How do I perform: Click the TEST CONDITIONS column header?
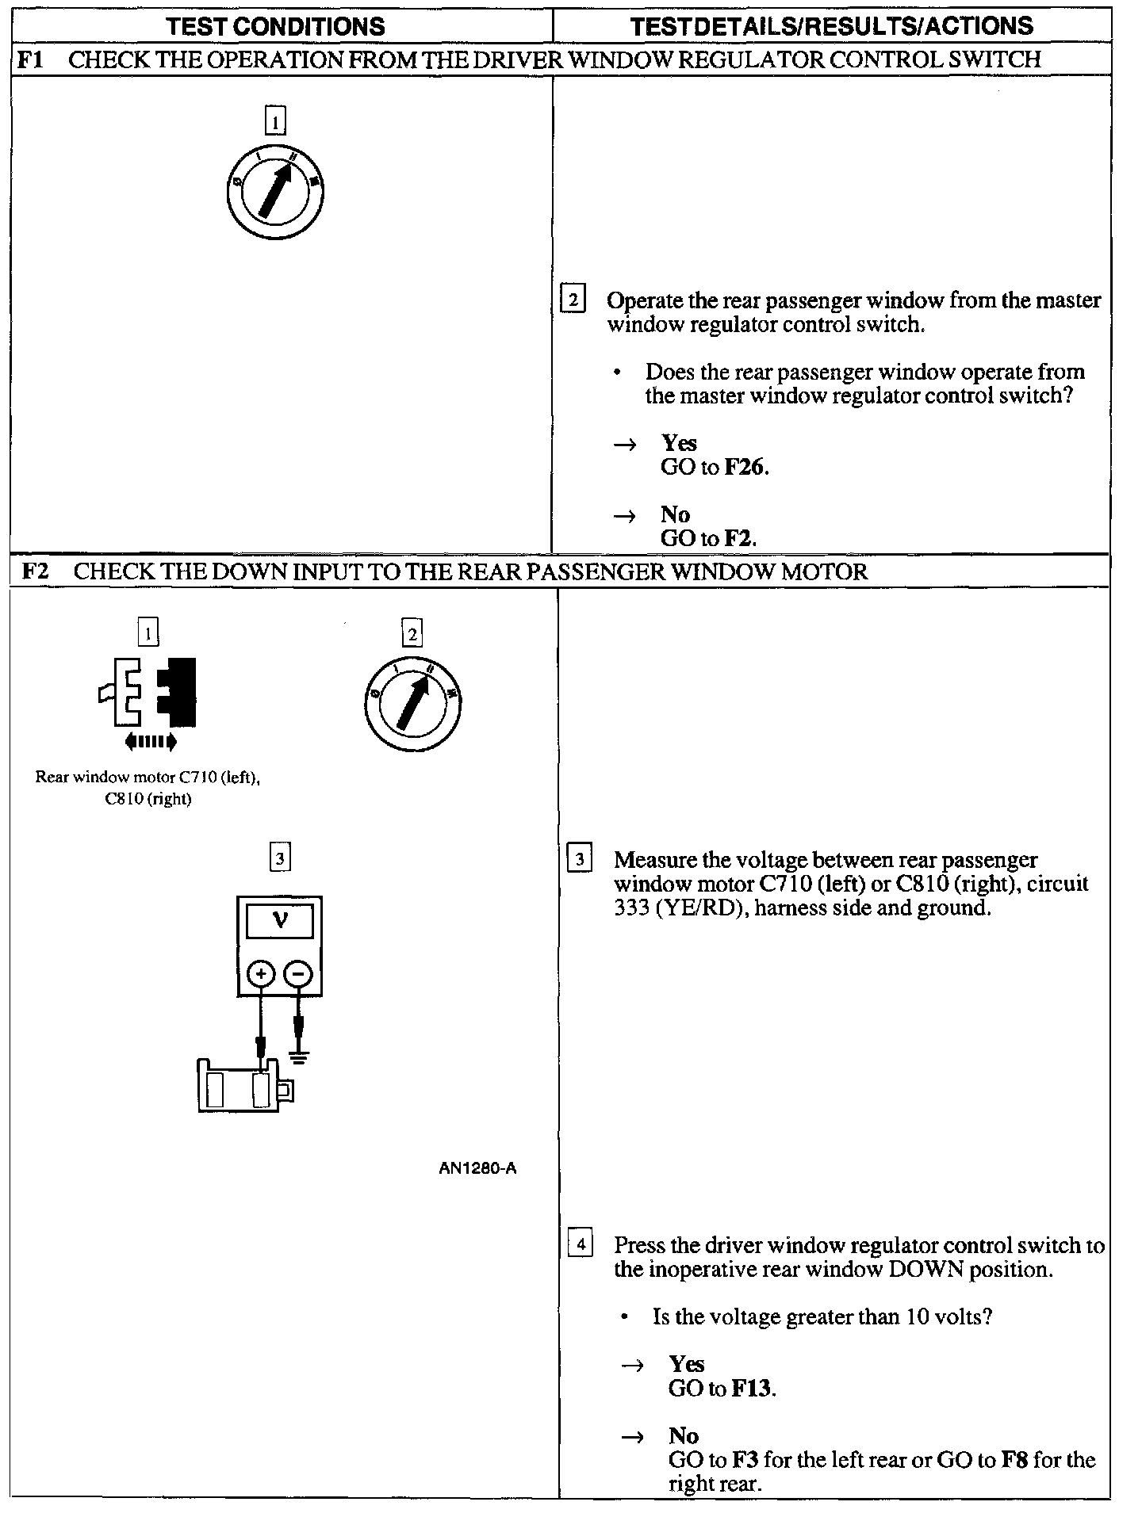pyautogui.click(x=275, y=26)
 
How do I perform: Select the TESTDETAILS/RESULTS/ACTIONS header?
pyautogui.click(x=832, y=26)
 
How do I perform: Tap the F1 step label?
pyautogui.click(x=29, y=59)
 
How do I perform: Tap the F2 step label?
pyautogui.click(x=34, y=571)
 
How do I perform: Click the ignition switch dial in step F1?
pyautogui.click(x=274, y=193)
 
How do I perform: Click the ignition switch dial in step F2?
pyautogui.click(x=412, y=703)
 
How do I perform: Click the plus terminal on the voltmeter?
pyautogui.click(x=261, y=974)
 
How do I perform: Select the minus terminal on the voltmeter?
pyautogui.click(x=298, y=974)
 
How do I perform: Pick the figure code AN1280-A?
pyautogui.click(x=477, y=1168)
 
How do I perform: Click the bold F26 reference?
pyautogui.click(x=745, y=468)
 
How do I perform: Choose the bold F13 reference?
pyautogui.click(x=753, y=1389)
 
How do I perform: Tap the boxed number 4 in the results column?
pyautogui.click(x=581, y=1245)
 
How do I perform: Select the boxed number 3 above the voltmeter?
pyautogui.click(x=280, y=858)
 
